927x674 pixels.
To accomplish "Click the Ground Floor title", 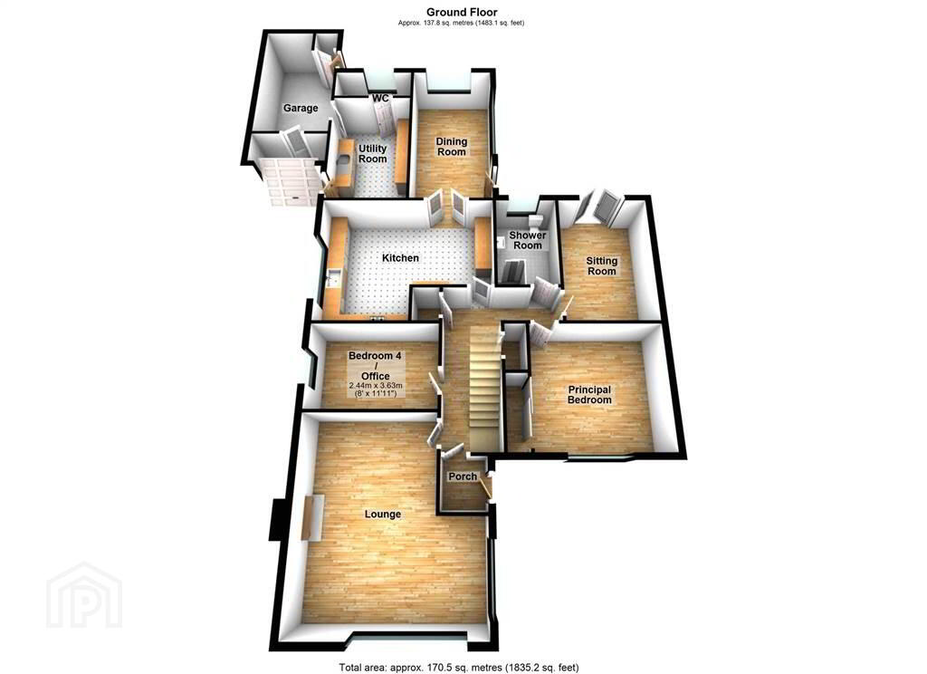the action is tap(462, 12).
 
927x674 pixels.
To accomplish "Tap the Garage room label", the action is tap(301, 109).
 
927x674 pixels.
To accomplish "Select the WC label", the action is tap(380, 98).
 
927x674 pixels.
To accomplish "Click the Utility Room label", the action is tap(372, 153).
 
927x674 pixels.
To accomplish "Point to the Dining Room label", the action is tap(452, 146).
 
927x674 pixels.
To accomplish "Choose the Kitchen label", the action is tap(400, 258).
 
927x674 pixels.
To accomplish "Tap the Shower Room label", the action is tap(528, 240).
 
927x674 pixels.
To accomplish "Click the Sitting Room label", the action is tap(601, 265).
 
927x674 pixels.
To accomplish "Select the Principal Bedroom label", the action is tap(589, 395).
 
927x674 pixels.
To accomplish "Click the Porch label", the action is tap(463, 477).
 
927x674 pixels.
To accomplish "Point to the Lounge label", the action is tap(383, 515).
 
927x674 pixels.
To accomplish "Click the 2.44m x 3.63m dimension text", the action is tap(376, 385).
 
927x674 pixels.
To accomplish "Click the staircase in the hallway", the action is tap(485, 387).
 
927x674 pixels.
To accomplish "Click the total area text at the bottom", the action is tap(459, 668).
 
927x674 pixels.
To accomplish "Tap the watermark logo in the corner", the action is tap(84, 596).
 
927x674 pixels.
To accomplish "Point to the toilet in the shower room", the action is tap(537, 220).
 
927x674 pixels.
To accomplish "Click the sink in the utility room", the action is tap(344, 159).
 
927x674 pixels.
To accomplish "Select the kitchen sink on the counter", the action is tap(331, 277).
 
